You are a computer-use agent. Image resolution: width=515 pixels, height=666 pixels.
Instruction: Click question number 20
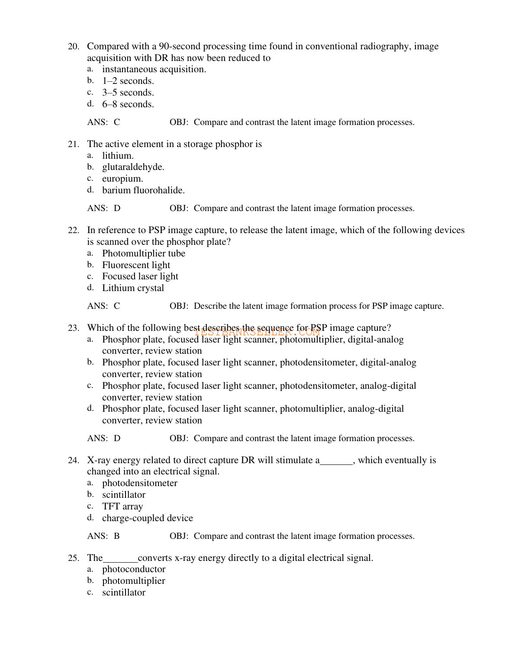(73, 47)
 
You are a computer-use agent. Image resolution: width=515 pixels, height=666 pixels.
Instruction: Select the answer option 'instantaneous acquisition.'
(154, 69)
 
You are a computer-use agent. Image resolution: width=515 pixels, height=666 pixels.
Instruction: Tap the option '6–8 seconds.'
(128, 104)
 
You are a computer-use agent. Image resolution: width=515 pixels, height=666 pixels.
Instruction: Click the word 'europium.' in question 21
(122, 179)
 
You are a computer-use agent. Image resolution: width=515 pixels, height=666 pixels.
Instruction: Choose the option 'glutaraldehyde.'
(133, 167)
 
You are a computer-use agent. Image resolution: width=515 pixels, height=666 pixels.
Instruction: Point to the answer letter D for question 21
(117, 208)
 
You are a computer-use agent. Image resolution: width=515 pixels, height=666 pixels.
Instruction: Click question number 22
(73, 231)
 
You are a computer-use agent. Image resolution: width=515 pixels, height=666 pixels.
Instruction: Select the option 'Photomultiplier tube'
(144, 253)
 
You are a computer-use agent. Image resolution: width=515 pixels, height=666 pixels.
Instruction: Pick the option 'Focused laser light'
(140, 276)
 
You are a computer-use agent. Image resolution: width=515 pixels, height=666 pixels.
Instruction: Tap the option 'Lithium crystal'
(133, 288)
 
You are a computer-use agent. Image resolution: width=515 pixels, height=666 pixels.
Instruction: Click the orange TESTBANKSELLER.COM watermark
(257, 332)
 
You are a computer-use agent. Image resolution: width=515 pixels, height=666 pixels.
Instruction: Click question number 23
(73, 328)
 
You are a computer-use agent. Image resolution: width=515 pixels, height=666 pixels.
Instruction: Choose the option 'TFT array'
(122, 506)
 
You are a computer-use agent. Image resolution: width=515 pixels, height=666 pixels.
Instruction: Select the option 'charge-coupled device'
(148, 518)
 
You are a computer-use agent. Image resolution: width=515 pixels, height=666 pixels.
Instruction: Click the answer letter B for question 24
(117, 536)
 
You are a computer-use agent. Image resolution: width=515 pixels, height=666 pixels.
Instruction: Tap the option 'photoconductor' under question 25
(134, 570)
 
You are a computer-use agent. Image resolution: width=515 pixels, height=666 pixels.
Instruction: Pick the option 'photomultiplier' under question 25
(134, 581)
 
